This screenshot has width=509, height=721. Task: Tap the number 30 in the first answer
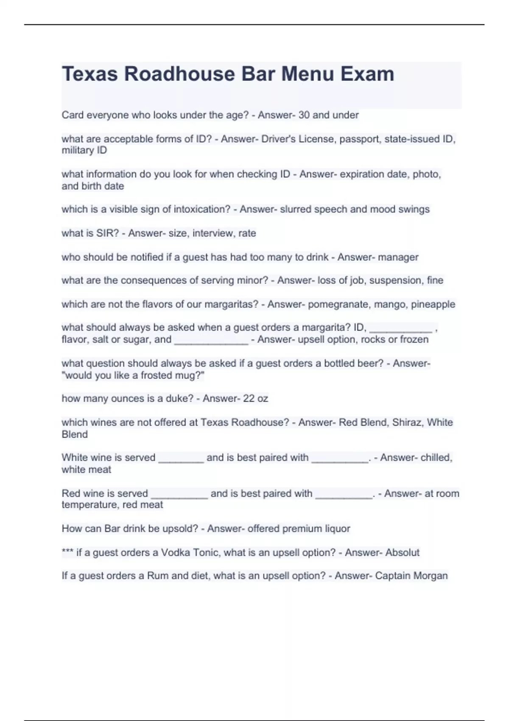point(304,115)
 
